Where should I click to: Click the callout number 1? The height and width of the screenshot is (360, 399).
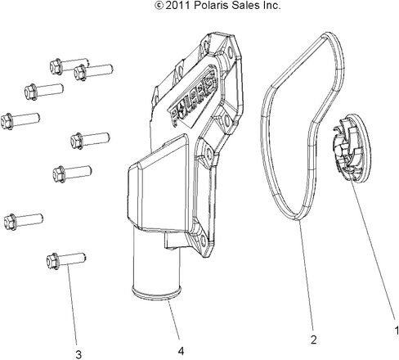[397, 331]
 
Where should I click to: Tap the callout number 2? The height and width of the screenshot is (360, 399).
[313, 340]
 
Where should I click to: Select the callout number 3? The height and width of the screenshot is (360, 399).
[78, 354]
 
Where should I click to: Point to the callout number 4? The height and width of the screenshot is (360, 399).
[181, 351]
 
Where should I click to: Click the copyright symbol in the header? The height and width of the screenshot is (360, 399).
[159, 5]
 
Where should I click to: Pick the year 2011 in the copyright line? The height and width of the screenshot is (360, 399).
[178, 5]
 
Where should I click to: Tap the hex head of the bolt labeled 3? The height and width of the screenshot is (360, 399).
[52, 261]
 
